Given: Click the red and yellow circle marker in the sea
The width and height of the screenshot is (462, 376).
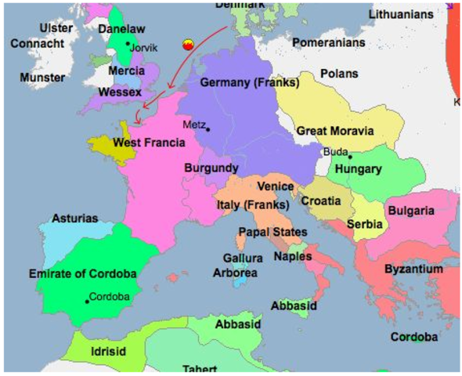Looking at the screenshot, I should click(187, 45).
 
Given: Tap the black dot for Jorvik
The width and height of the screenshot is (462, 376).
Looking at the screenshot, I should click(128, 44).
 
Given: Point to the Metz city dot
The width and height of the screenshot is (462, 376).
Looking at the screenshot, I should click(208, 128).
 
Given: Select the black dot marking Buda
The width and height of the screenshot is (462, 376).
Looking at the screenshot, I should click(350, 156).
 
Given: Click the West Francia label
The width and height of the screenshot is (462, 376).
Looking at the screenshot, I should click(149, 143).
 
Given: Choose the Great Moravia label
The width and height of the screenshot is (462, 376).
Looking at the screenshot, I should click(334, 131).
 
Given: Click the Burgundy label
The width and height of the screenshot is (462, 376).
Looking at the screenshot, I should click(211, 168).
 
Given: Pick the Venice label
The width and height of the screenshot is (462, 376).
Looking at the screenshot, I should click(276, 186).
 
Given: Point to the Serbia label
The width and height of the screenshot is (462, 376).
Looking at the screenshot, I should click(366, 224).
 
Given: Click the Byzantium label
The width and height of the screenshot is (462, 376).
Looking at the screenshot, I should click(413, 269).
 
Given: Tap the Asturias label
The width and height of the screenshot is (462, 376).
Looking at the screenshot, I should click(75, 219).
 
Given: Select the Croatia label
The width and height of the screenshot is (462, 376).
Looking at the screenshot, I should click(321, 201).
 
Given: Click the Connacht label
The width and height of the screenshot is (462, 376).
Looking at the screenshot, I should click(38, 43).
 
